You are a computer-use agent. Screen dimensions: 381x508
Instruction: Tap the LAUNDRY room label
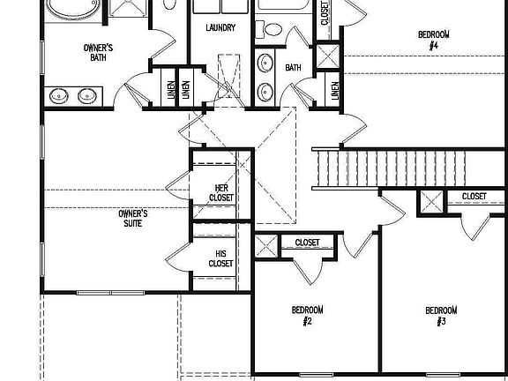(x=220, y=27)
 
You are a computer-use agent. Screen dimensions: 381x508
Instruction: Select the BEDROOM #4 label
(x=433, y=40)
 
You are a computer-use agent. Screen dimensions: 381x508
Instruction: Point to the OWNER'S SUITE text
(x=133, y=218)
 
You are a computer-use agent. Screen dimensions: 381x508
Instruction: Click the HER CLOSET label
(x=223, y=192)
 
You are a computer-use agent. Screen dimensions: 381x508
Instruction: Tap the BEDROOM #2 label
(x=308, y=316)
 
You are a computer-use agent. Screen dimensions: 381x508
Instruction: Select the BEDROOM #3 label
(x=441, y=316)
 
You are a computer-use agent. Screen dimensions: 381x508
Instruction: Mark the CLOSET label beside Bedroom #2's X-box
(x=307, y=243)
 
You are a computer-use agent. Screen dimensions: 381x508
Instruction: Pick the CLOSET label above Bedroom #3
(x=474, y=196)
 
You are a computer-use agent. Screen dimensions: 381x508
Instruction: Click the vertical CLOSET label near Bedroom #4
(x=325, y=14)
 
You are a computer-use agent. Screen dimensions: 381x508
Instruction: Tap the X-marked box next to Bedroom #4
(x=327, y=55)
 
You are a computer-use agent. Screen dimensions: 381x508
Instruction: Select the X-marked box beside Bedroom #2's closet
(x=266, y=246)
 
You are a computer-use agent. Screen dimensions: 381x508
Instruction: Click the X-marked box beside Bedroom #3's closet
(x=431, y=201)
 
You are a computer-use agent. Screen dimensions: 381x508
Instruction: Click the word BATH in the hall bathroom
(x=294, y=68)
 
